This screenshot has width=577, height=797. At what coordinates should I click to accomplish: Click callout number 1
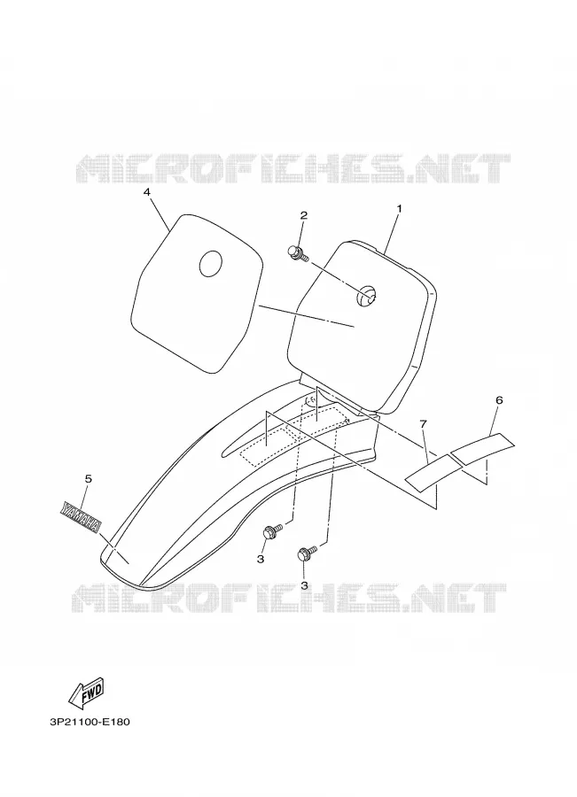click(399, 208)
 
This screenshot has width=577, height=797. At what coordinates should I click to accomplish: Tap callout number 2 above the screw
click(303, 215)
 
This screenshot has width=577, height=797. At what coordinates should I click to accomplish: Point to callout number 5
click(88, 479)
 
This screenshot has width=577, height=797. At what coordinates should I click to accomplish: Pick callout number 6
click(499, 400)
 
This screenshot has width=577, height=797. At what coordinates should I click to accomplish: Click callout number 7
click(424, 423)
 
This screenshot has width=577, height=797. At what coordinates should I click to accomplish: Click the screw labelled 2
click(298, 253)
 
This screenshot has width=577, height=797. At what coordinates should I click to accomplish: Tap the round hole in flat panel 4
click(211, 264)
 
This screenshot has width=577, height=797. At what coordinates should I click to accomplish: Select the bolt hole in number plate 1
click(366, 295)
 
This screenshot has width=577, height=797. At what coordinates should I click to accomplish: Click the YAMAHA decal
click(81, 517)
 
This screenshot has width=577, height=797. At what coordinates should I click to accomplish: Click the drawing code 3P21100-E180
click(90, 722)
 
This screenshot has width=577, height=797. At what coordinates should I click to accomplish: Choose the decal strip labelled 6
click(482, 448)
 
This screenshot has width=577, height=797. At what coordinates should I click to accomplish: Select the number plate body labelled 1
click(362, 326)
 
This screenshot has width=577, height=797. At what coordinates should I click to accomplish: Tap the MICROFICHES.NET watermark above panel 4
click(292, 168)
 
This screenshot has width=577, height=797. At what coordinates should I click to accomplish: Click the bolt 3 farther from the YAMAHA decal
click(307, 553)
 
